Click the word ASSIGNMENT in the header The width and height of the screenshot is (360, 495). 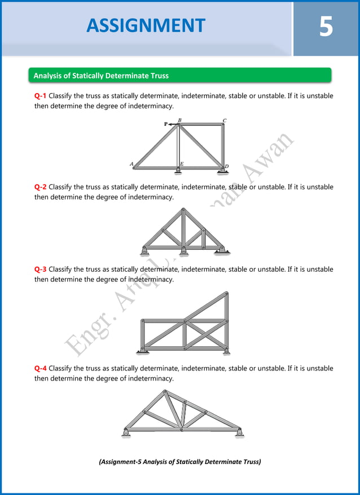click(146, 25)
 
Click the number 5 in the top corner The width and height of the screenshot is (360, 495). click(326, 26)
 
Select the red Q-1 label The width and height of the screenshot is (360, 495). click(40, 96)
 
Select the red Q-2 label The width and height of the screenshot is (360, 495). click(40, 187)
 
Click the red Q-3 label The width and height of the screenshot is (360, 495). click(40, 269)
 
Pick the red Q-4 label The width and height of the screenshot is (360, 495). click(40, 368)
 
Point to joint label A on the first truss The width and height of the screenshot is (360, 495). click(131, 164)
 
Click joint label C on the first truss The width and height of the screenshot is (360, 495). click(225, 120)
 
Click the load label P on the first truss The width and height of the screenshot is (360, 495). click(166, 124)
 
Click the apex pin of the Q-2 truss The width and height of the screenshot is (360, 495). click(183, 210)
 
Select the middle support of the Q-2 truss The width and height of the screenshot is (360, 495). click(183, 250)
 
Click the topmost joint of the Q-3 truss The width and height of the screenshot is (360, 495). click(226, 293)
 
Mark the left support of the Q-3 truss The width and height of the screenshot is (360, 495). click(143, 352)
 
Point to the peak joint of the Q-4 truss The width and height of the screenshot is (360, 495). click(165, 391)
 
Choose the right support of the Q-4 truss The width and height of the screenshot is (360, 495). click(239, 433)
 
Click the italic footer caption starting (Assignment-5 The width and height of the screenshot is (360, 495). click(179, 462)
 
